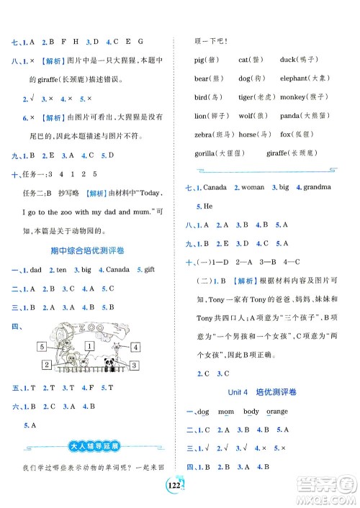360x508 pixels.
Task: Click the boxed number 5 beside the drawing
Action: pyautogui.click(x=43, y=348)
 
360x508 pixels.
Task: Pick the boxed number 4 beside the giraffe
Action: pyautogui.click(x=135, y=348)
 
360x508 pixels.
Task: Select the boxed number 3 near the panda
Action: pyautogui.click(x=133, y=366)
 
